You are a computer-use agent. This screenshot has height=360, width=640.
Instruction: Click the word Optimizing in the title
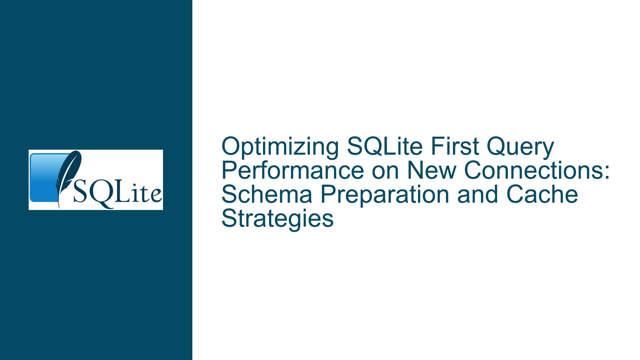[280, 148]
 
